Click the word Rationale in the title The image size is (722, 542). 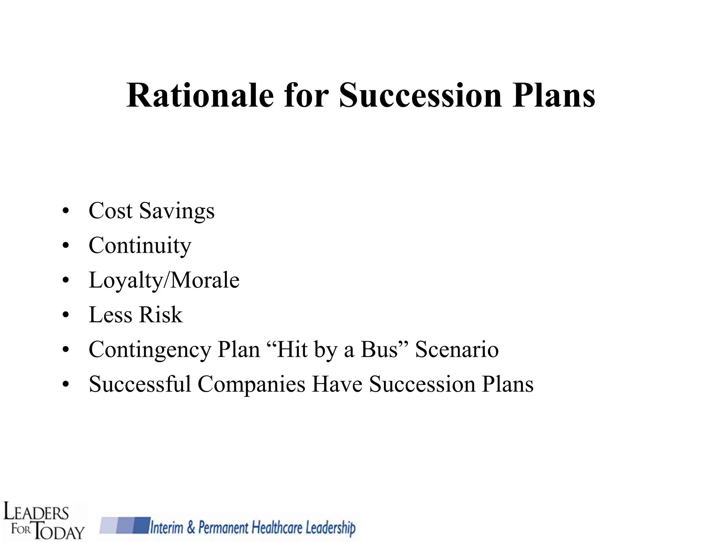200,95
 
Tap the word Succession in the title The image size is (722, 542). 420,95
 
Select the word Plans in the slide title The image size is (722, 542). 554,95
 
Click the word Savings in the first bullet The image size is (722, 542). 177,211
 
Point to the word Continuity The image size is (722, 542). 140,246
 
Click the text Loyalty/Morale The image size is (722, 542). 164,280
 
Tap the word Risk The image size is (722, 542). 160,315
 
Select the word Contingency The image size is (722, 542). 150,350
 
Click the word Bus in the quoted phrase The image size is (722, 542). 379,349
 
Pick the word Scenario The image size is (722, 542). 457,349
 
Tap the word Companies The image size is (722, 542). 251,385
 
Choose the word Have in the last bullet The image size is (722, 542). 337,384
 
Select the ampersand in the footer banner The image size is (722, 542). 191,528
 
